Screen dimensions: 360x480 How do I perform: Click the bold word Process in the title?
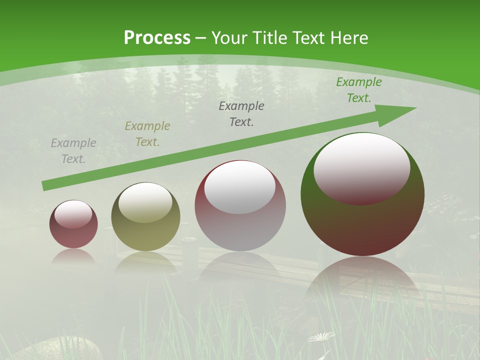tap(157, 38)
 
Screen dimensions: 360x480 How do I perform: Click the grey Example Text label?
tap(73, 151)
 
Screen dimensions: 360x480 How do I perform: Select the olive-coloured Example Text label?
tap(147, 134)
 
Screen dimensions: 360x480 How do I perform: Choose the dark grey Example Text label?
tap(241, 113)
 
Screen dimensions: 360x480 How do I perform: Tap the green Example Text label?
tap(358, 90)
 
